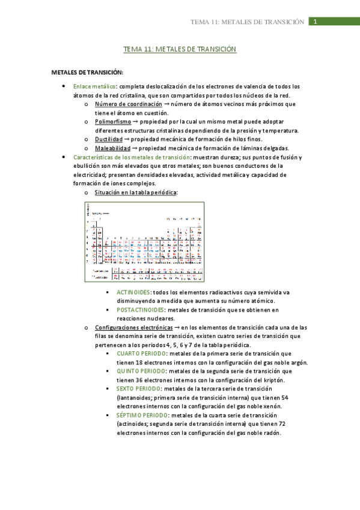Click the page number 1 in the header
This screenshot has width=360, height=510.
pos(314,22)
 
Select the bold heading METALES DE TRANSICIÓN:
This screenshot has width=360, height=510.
pos(87,72)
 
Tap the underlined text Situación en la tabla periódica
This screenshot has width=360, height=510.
pos(135,192)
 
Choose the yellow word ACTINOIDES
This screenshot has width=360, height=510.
pos(134,292)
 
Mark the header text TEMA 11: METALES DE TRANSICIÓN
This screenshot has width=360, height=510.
pos(247,22)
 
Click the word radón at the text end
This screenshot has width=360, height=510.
pos(270,432)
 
